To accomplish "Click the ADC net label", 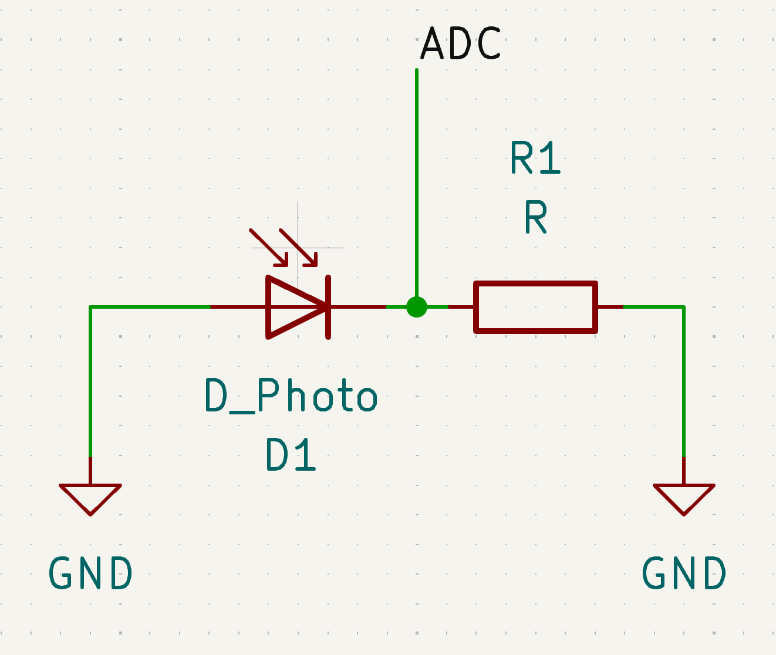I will click(x=461, y=44).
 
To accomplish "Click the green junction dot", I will click(x=417, y=306).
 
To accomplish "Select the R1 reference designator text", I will click(x=535, y=158).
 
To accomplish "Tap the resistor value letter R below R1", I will click(x=535, y=218).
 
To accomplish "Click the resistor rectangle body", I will click(x=535, y=307).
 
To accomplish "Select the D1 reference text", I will click(x=291, y=455).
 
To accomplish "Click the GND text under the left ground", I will click(x=91, y=573).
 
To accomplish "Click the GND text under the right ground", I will click(x=684, y=573).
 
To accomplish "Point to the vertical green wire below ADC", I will click(x=417, y=176).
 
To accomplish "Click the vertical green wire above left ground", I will click(x=90, y=381).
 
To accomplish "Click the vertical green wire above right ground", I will click(x=684, y=381).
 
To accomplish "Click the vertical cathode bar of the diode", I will click(x=329, y=307).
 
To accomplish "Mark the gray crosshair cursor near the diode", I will click(x=298, y=248).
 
